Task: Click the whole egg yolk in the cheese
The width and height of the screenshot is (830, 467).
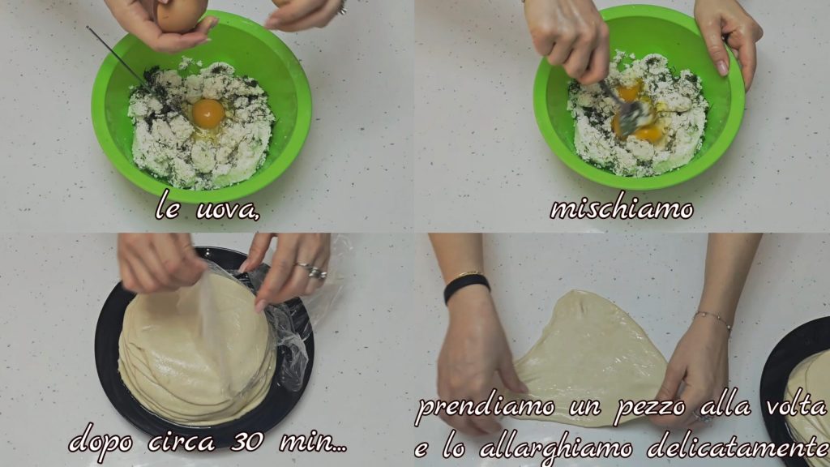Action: coord(208,114)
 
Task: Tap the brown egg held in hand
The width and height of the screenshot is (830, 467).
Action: coord(181,15)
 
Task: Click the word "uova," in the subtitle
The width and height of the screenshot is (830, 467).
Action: coord(228,210)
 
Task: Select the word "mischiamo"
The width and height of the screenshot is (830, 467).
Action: coord(622,208)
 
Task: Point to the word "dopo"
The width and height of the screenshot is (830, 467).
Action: coord(101,442)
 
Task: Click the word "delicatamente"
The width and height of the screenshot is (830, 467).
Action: coord(738,448)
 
